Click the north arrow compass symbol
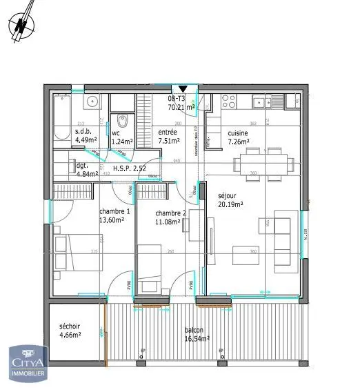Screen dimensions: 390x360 [x=22, y=23]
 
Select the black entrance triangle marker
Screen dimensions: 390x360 [x=182, y=89]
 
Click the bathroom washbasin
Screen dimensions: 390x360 [x=92, y=102]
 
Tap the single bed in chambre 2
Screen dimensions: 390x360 [x=150, y=277]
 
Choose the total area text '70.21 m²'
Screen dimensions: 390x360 [x=181, y=107]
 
